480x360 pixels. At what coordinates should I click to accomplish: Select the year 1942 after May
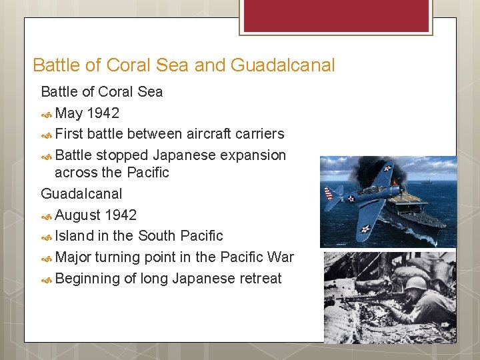point(103,113)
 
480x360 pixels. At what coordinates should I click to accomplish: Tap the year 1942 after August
point(120,215)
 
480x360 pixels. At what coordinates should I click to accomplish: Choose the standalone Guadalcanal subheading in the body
point(81,193)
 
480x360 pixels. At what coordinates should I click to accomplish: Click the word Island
point(75,235)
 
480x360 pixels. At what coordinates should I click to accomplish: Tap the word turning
point(119,257)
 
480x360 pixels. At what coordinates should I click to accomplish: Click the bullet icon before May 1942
point(47,113)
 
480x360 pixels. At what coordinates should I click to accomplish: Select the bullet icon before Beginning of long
point(47,279)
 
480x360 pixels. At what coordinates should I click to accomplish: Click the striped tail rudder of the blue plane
point(329,194)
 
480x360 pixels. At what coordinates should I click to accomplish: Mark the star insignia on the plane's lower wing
point(365,229)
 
